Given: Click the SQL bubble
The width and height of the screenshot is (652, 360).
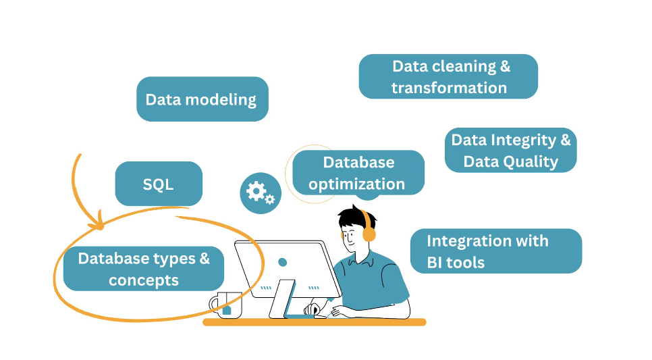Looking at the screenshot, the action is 159,184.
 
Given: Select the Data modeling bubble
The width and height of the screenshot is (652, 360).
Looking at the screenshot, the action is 202,99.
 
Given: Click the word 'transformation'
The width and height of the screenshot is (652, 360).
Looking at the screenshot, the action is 449,88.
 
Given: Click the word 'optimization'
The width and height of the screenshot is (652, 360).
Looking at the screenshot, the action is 357,184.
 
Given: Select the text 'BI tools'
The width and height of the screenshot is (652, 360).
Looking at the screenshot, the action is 456,263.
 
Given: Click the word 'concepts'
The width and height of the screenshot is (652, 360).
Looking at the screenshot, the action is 144,280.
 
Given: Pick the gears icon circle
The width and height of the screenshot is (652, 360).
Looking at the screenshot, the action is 261,193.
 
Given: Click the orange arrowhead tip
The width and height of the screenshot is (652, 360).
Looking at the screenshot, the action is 100,229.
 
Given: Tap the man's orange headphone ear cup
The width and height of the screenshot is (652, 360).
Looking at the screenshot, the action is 369,233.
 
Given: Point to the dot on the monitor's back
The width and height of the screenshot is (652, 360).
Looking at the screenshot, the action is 282,262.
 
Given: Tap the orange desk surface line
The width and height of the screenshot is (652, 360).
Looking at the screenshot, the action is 315,322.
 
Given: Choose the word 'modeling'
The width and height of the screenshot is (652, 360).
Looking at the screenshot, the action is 221,100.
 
